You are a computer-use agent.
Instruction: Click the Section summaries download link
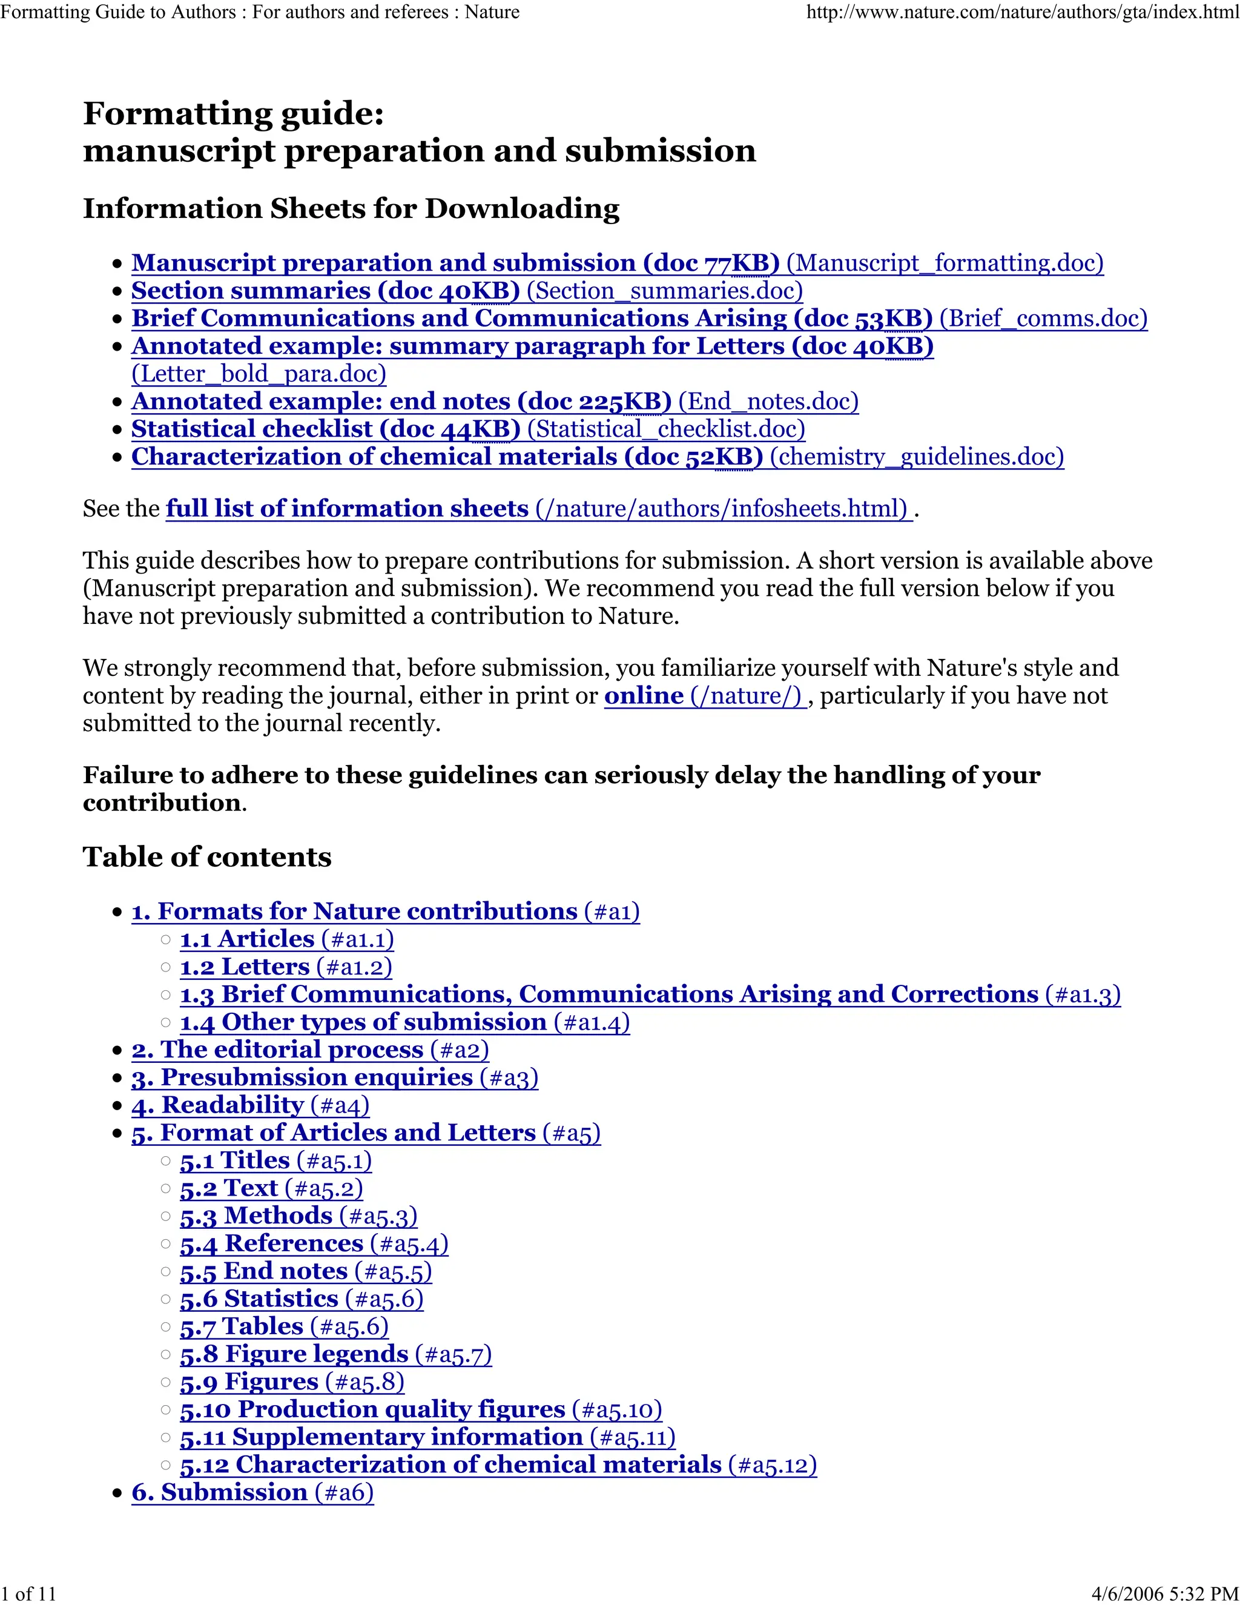click(325, 291)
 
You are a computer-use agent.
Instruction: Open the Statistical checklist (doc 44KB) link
click(325, 429)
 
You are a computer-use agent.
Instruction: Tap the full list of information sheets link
click(347, 509)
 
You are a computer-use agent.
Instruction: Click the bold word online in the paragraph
click(644, 695)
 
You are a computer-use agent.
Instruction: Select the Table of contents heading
click(207, 857)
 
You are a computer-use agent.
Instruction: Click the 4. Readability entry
click(218, 1105)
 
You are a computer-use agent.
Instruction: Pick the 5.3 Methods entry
click(256, 1216)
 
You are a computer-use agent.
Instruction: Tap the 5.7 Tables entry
click(242, 1326)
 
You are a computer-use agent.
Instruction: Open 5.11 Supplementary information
click(381, 1437)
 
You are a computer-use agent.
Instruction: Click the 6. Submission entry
click(220, 1492)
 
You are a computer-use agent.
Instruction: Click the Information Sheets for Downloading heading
click(351, 209)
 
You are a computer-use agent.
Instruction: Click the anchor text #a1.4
click(592, 1022)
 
